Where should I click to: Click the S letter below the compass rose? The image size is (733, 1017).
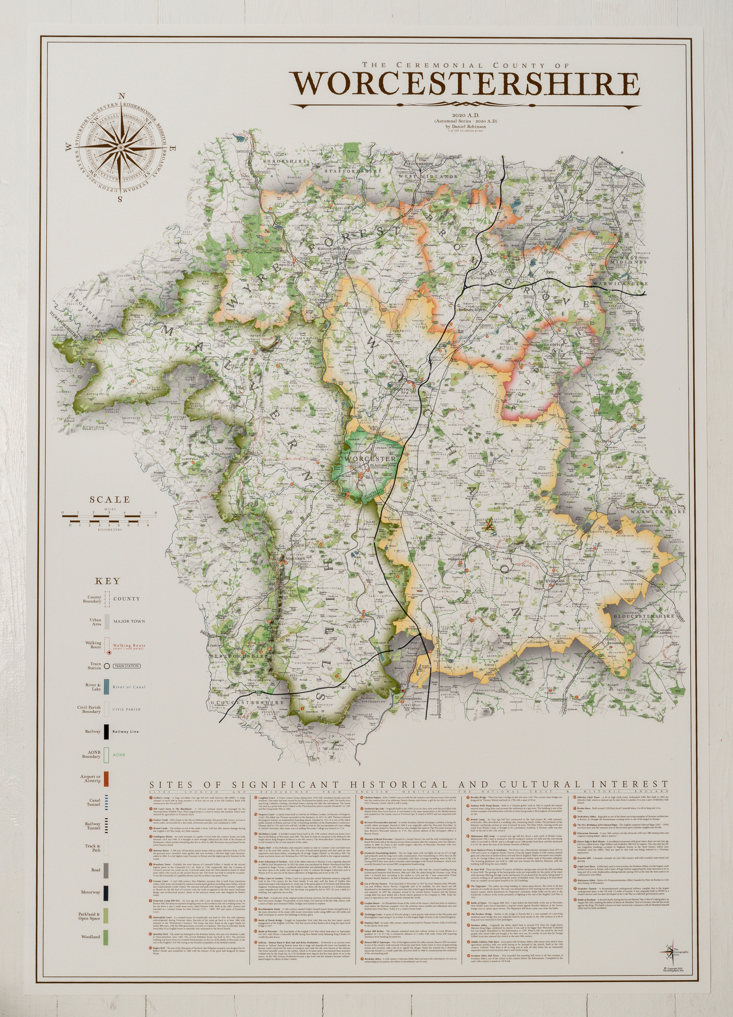pos(120,199)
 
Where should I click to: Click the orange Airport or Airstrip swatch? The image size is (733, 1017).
pos(107,779)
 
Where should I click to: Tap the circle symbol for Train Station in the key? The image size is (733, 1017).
pos(107,666)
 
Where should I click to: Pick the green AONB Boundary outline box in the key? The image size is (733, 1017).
pos(107,755)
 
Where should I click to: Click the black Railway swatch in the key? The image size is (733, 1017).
pos(107,731)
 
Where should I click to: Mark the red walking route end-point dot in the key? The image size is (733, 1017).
pos(109,653)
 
